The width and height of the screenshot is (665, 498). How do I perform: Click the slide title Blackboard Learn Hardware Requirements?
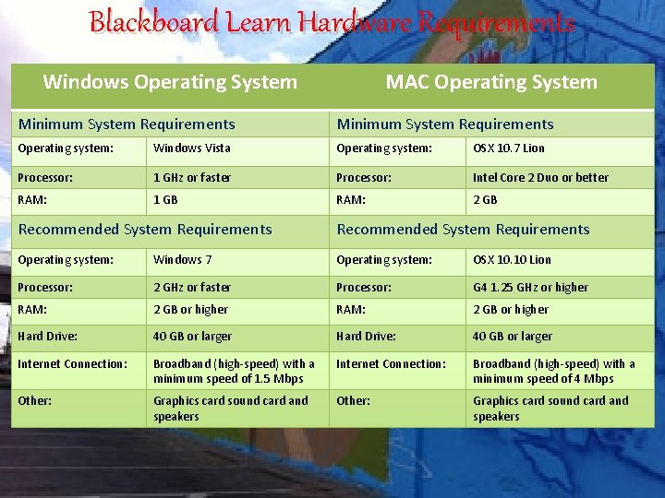click(x=332, y=23)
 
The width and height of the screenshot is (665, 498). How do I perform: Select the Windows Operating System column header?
click(x=170, y=82)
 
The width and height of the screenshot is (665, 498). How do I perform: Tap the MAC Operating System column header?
click(x=491, y=82)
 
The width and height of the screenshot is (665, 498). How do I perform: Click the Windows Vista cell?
click(x=192, y=148)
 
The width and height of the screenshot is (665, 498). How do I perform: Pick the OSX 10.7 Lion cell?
click(x=508, y=148)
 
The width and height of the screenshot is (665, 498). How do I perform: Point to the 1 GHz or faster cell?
click(x=192, y=177)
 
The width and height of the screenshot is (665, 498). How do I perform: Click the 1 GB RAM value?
click(x=165, y=199)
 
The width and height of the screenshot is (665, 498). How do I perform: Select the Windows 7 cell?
click(x=182, y=260)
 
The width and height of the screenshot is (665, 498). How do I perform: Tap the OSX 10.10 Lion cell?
click(x=512, y=260)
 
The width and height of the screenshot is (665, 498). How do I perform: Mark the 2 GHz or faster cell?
click(x=192, y=288)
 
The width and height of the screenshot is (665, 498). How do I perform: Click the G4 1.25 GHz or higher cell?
click(x=530, y=288)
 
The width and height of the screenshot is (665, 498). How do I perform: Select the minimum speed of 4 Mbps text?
click(x=543, y=379)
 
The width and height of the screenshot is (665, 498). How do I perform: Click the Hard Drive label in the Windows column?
click(x=47, y=337)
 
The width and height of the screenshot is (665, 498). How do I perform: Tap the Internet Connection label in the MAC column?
click(x=391, y=364)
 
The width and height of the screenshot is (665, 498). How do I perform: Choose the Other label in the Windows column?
click(x=34, y=401)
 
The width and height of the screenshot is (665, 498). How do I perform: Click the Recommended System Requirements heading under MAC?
click(x=463, y=230)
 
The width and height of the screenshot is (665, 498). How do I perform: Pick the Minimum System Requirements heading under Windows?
click(x=127, y=125)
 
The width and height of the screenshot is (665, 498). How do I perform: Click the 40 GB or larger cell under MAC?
click(x=512, y=337)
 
